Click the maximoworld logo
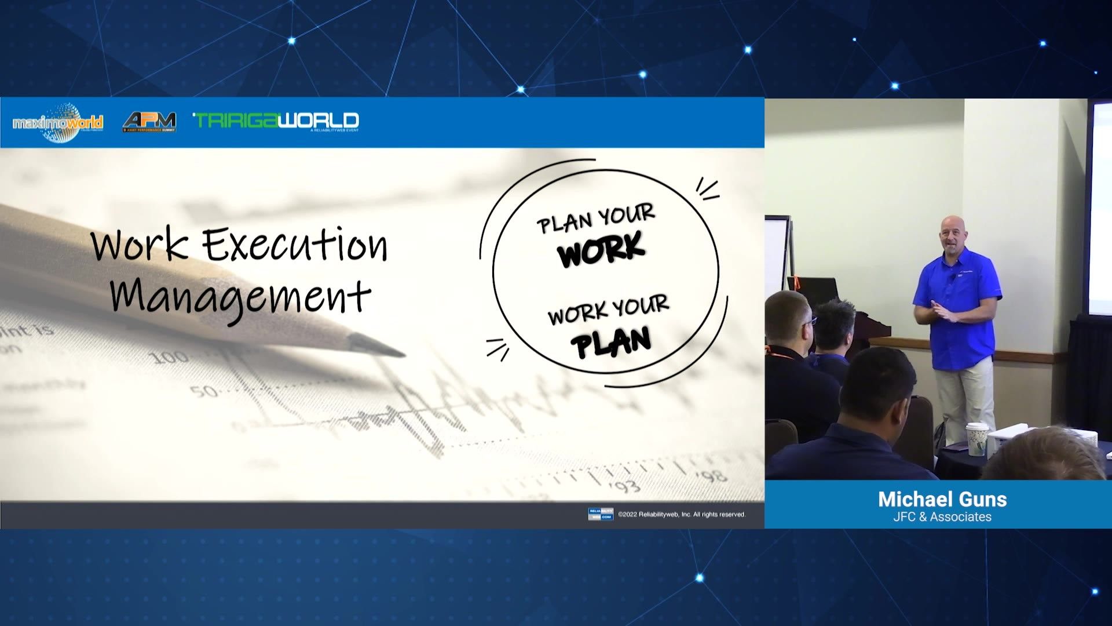pos(57,122)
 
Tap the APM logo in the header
pos(149,121)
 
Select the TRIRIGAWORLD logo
pos(276,121)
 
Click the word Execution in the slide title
pos(294,244)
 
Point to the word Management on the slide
pos(240,296)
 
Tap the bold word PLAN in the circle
pos(611,342)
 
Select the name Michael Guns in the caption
pos(942,499)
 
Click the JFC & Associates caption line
pos(942,516)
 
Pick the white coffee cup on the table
pos(976,439)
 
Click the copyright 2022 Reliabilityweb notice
pos(682,514)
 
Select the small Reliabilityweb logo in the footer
pos(600,514)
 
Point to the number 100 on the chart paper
pos(170,356)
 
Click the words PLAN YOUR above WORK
pos(595,219)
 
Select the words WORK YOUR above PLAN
pos(608,311)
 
